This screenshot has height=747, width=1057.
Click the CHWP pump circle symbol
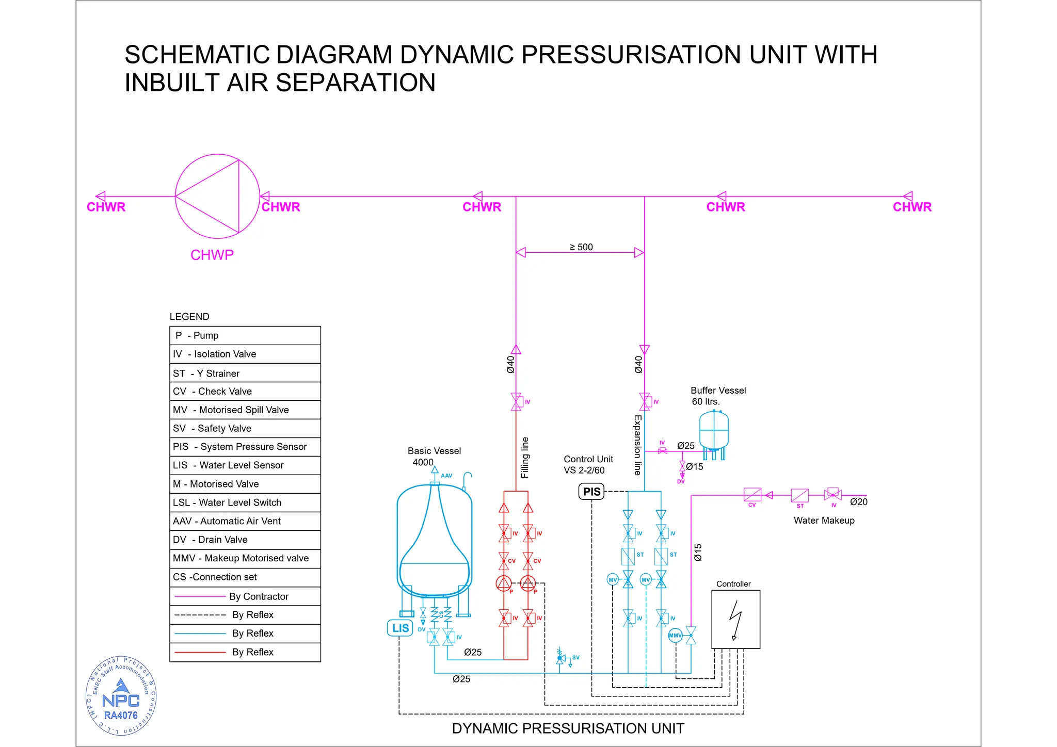[217, 196]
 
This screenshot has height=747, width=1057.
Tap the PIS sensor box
[591, 492]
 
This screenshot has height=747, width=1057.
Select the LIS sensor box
[400, 628]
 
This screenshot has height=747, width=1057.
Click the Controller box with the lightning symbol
[735, 619]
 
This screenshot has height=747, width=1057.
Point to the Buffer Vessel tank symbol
[714, 431]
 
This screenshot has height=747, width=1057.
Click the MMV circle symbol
[675, 636]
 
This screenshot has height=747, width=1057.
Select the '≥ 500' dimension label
[581, 247]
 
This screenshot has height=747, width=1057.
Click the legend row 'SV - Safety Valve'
[245, 428]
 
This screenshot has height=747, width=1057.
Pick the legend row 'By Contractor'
[245, 596]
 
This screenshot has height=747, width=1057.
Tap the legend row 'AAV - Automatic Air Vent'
[245, 521]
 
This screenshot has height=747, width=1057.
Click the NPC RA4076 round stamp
[121, 696]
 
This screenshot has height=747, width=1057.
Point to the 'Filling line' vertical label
[525, 458]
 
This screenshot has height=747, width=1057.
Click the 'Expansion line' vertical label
[638, 445]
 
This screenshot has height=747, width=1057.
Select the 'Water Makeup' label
[824, 521]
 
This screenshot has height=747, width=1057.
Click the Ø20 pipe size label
[859, 502]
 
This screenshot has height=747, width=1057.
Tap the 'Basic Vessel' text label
[434, 451]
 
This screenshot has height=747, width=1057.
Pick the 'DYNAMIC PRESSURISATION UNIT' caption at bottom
[568, 728]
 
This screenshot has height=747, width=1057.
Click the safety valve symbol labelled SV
[560, 658]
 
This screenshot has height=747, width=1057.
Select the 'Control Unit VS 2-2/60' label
[588, 465]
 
